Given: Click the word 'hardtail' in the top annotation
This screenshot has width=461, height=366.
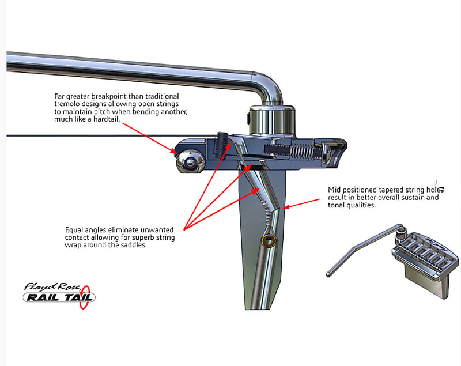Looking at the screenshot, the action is pyautogui.click(x=106, y=119).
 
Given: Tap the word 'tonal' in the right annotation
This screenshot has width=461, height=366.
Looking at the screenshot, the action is pyautogui.click(x=336, y=205).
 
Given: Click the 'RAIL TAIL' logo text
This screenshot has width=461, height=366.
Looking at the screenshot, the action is pyautogui.click(x=59, y=297).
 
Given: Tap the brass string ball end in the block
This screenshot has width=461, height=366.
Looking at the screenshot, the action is pyautogui.click(x=269, y=240).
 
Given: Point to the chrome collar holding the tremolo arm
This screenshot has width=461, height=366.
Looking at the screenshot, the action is pyautogui.click(x=271, y=120).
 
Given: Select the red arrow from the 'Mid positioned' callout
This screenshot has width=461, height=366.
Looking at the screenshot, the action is pyautogui.click(x=301, y=203).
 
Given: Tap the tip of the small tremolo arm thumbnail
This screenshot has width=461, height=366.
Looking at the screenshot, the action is pyautogui.click(x=328, y=274).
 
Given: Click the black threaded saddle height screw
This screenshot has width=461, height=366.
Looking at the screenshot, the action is pyautogui.click(x=221, y=145).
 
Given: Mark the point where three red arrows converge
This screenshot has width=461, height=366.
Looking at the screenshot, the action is pyautogui.click(x=184, y=229).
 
